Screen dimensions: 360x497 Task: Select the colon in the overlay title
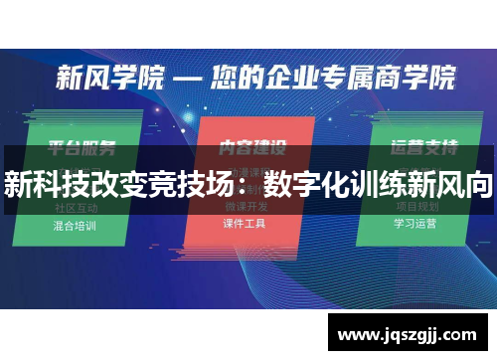[x=250, y=184]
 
